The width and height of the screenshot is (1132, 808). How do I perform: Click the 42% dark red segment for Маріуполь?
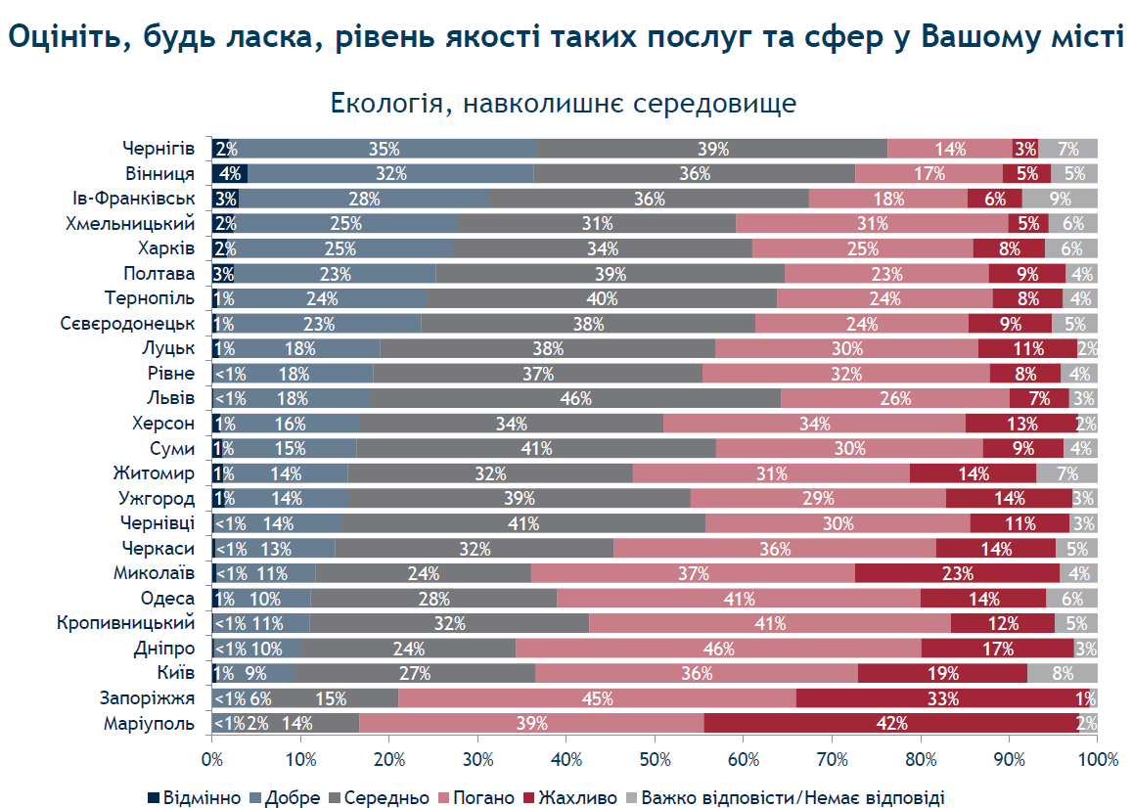(891, 723)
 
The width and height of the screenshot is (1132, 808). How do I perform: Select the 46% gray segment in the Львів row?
(575, 398)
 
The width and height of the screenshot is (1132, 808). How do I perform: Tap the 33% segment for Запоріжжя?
(942, 698)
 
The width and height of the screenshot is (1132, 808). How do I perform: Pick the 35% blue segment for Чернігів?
(385, 149)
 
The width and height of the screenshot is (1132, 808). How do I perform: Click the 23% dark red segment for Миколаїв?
(957, 573)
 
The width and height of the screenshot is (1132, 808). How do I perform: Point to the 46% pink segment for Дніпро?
(718, 649)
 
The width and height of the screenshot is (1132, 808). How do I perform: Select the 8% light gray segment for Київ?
(1063, 673)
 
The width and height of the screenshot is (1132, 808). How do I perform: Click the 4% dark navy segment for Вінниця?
(230, 173)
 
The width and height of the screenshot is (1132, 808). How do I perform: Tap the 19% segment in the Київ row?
(943, 673)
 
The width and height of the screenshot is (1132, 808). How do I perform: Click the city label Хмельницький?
(130, 223)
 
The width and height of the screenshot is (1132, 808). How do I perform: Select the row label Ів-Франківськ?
(134, 198)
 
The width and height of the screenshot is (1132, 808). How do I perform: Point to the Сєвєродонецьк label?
(128, 323)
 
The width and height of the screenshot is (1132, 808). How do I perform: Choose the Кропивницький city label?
(125, 622)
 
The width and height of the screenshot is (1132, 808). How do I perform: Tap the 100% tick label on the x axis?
(1098, 760)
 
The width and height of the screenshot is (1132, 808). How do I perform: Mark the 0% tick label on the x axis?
(212, 760)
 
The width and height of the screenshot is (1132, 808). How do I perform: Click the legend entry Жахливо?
(570, 797)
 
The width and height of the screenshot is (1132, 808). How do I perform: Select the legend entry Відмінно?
(194, 797)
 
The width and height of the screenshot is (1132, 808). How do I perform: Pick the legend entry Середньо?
(379, 797)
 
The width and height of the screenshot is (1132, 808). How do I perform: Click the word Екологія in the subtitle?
(386, 104)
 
